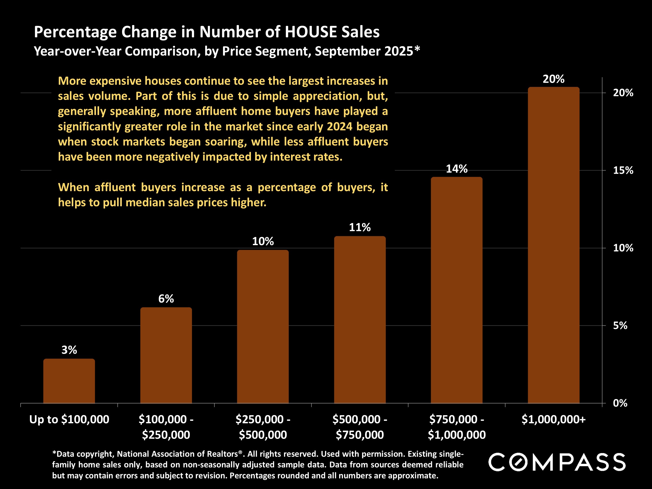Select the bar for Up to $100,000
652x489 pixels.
point(69,381)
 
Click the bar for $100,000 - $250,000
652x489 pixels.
point(166,355)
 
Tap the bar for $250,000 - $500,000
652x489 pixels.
point(263,326)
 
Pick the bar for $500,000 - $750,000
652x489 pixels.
point(360,319)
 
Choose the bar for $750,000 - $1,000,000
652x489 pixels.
point(457,290)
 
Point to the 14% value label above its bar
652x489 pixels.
point(457,169)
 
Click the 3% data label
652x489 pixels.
point(69,350)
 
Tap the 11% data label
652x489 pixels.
point(360,227)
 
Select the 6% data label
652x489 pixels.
point(166,299)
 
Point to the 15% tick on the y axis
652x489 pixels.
point(623,170)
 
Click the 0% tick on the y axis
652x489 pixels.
point(620,403)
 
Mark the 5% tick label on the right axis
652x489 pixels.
point(620,325)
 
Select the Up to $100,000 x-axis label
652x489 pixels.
point(69,419)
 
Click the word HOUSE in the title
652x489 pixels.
point(311,32)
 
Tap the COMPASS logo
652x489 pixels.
point(557,462)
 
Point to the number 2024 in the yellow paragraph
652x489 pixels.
point(339,127)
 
